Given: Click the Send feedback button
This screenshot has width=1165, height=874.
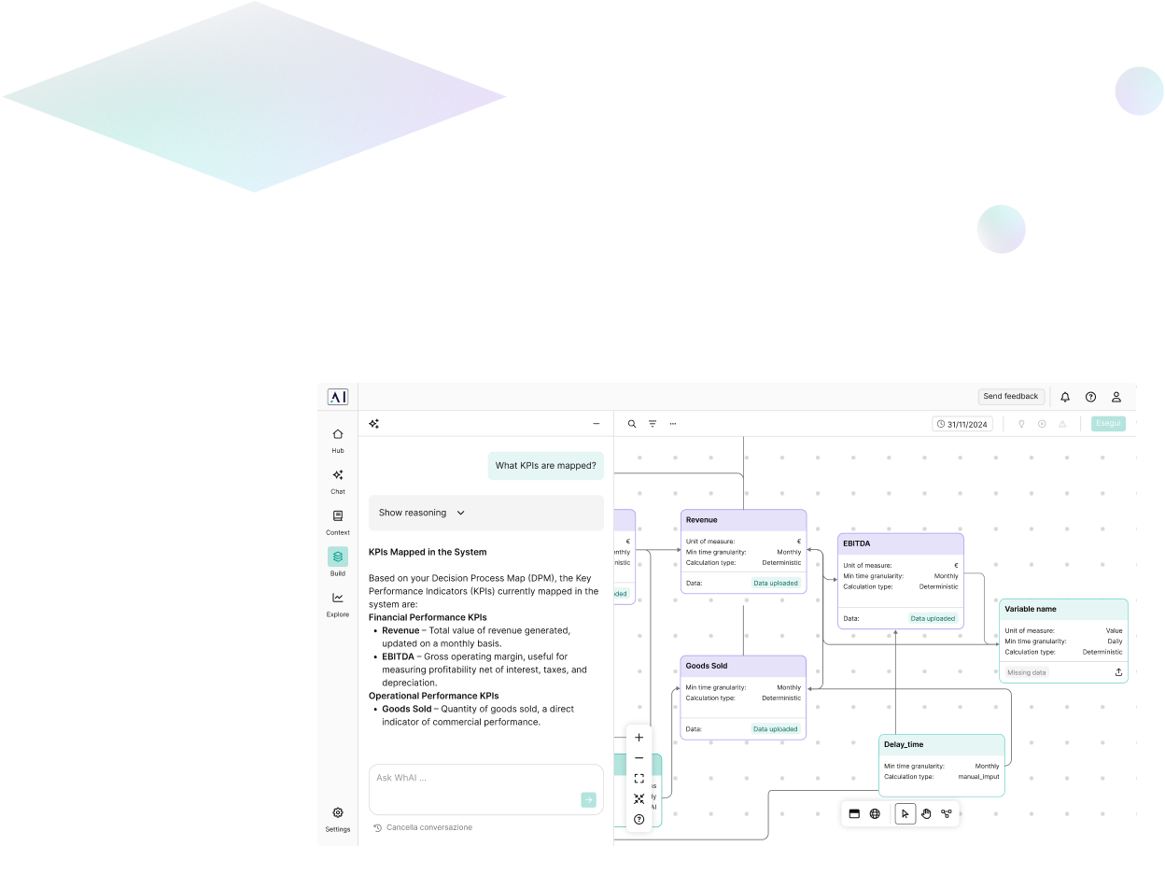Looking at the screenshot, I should tap(1011, 397).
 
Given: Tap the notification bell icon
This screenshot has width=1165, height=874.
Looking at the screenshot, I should tap(1065, 397).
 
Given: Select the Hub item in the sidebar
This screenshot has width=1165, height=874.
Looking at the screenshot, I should tap(338, 439).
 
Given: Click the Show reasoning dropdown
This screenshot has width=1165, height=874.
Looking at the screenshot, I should tap(421, 513).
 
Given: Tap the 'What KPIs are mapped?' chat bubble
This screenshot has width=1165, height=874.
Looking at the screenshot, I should tap(545, 465).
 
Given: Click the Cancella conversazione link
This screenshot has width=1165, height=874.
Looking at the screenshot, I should tap(428, 827).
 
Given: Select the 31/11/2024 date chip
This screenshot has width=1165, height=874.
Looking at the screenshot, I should tap(961, 424).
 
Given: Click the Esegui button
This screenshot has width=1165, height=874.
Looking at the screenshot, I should tap(1108, 424).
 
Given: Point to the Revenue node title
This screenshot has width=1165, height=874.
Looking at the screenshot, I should tap(702, 520).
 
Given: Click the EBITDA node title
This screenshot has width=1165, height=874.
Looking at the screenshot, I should tap(856, 543).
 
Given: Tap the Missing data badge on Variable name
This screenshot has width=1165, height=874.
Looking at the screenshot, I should tap(1027, 672).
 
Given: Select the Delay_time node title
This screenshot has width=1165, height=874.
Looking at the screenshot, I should tap(904, 744).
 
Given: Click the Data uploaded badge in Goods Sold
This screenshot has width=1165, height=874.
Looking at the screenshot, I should tap(776, 729).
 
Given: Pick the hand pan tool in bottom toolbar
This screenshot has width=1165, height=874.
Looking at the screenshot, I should tap(926, 813).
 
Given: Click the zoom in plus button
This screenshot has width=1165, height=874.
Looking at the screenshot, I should tap(639, 738).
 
